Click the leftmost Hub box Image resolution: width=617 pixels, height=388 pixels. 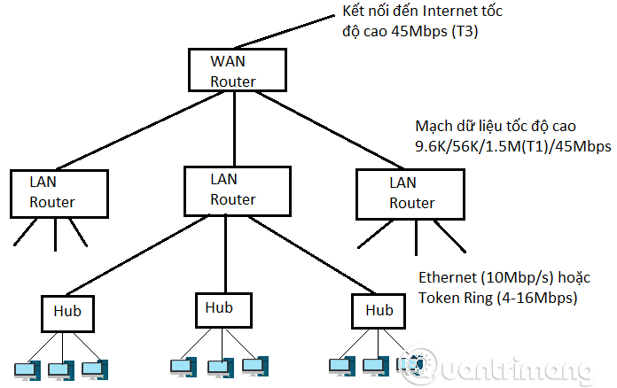[69, 313]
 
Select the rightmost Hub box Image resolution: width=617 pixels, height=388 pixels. [379, 311]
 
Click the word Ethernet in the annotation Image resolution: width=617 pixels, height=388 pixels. [448, 278]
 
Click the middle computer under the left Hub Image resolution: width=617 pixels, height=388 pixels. [59, 369]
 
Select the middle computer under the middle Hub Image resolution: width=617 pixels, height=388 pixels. [218, 365]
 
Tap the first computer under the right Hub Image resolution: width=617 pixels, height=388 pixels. [341, 365]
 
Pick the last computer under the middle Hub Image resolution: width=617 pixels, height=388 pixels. [253, 365]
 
